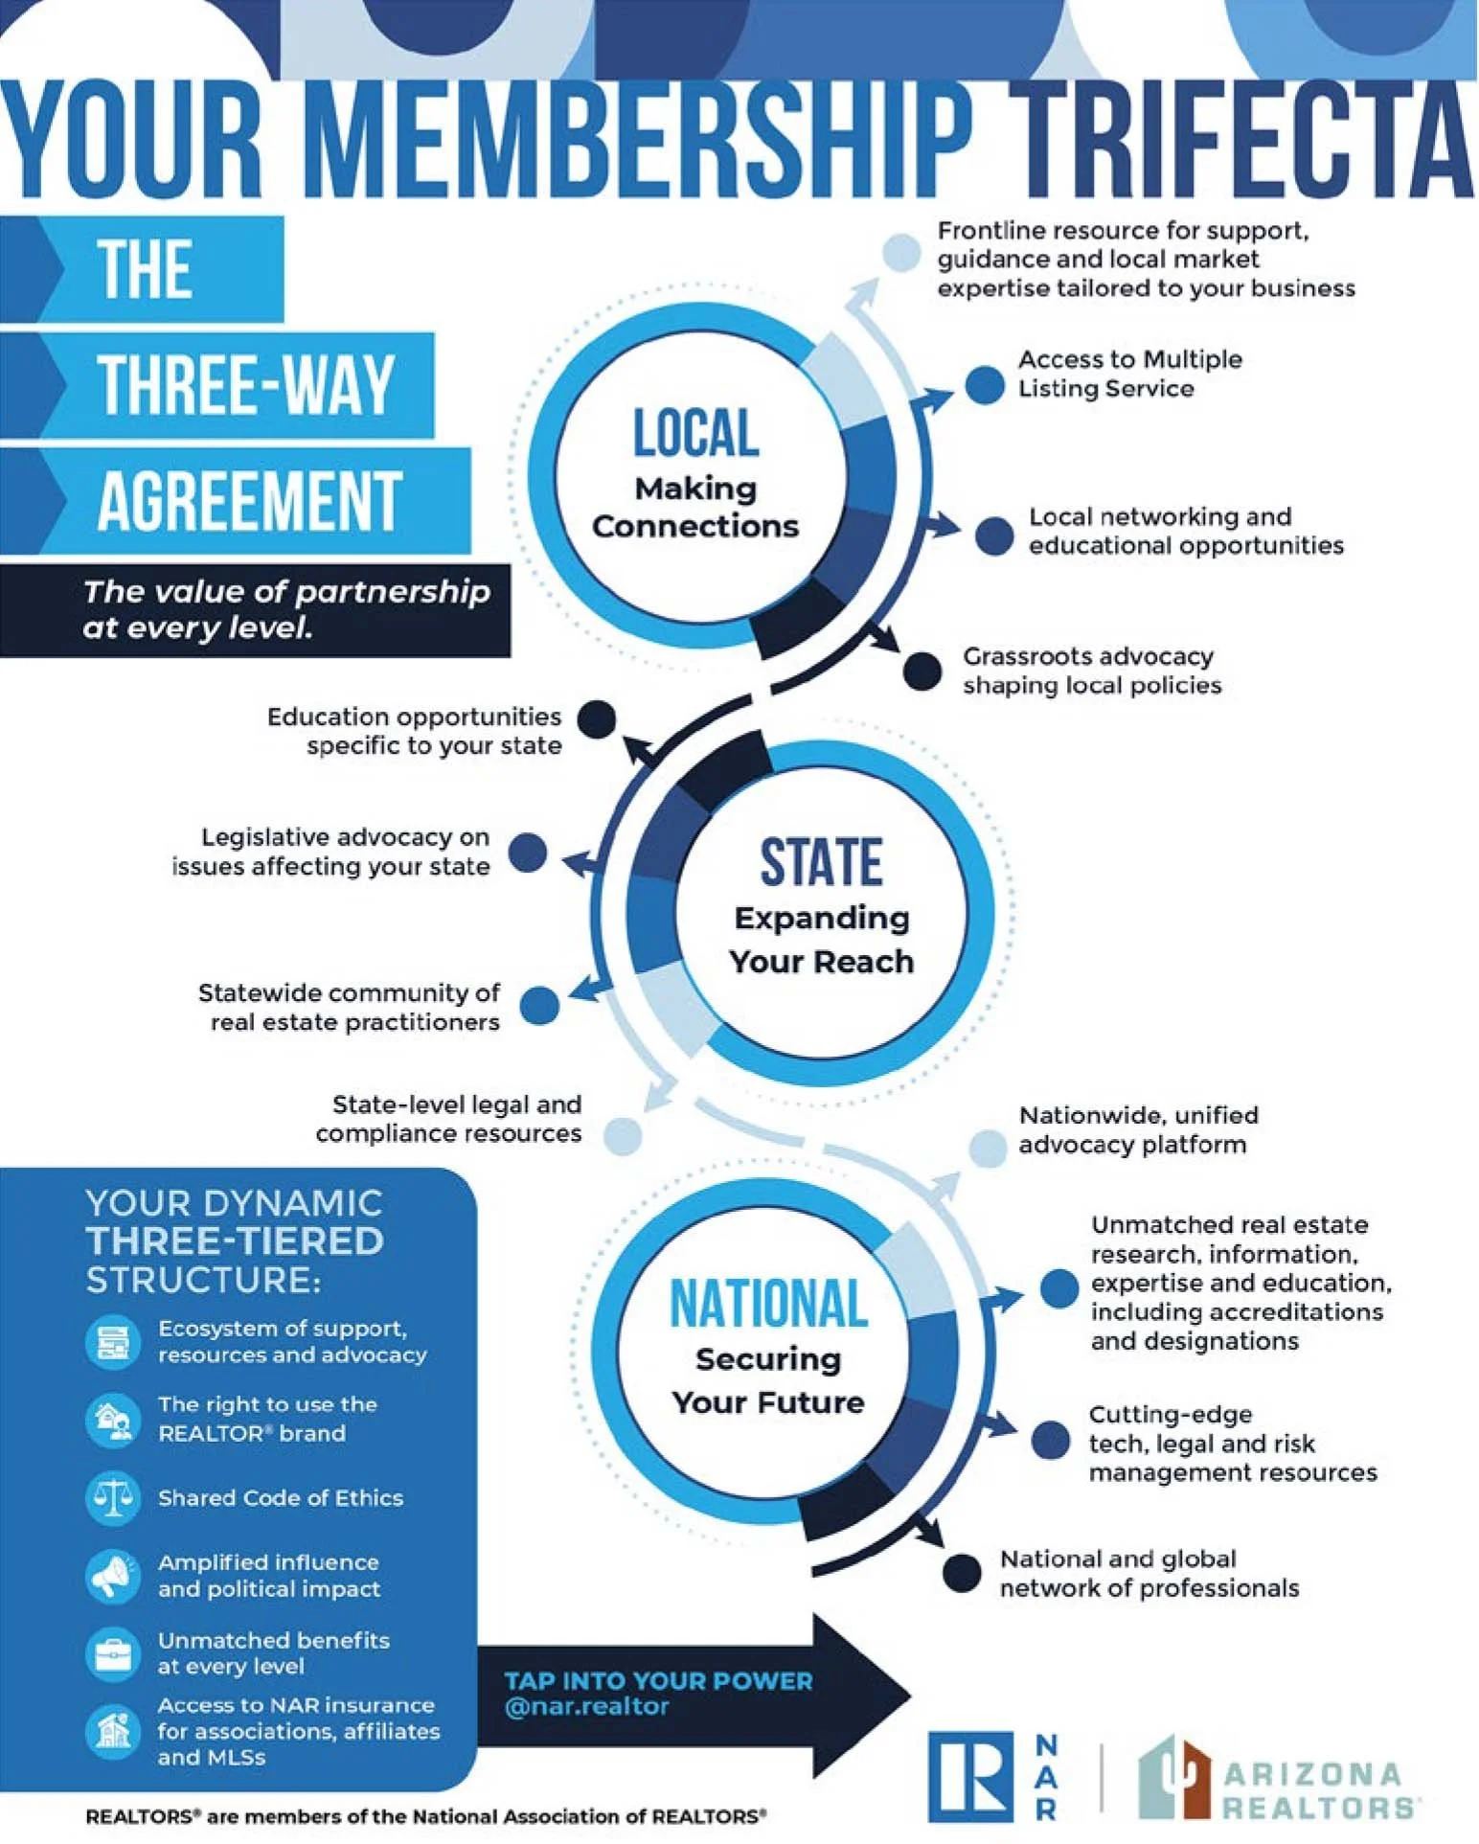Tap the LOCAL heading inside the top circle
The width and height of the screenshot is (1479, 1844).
tap(695, 434)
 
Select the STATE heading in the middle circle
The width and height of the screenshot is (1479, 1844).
tap(821, 862)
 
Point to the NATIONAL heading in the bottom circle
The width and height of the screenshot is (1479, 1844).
tap(768, 1304)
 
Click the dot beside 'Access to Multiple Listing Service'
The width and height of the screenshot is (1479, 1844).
tap(984, 384)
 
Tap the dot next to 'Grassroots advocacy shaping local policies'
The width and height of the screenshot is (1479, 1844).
tap(922, 671)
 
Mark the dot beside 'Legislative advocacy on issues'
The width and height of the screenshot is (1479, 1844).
tap(527, 852)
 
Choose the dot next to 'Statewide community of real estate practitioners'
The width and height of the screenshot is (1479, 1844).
tap(539, 1006)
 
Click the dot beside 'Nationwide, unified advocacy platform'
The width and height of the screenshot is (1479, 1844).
tap(987, 1148)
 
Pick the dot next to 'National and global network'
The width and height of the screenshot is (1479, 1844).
tap(961, 1572)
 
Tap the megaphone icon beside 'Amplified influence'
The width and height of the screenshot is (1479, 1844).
tap(113, 1575)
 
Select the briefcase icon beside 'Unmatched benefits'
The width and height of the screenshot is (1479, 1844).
tap(113, 1652)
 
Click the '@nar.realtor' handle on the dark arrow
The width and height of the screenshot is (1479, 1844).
tap(585, 1707)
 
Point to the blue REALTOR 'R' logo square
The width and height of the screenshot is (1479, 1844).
tap(969, 1776)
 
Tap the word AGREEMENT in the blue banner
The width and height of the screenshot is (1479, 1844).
tap(249, 501)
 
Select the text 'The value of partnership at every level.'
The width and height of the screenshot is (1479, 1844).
tap(285, 609)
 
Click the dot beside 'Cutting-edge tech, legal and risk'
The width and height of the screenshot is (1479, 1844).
tap(1050, 1441)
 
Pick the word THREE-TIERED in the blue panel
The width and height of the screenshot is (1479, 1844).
tap(235, 1241)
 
